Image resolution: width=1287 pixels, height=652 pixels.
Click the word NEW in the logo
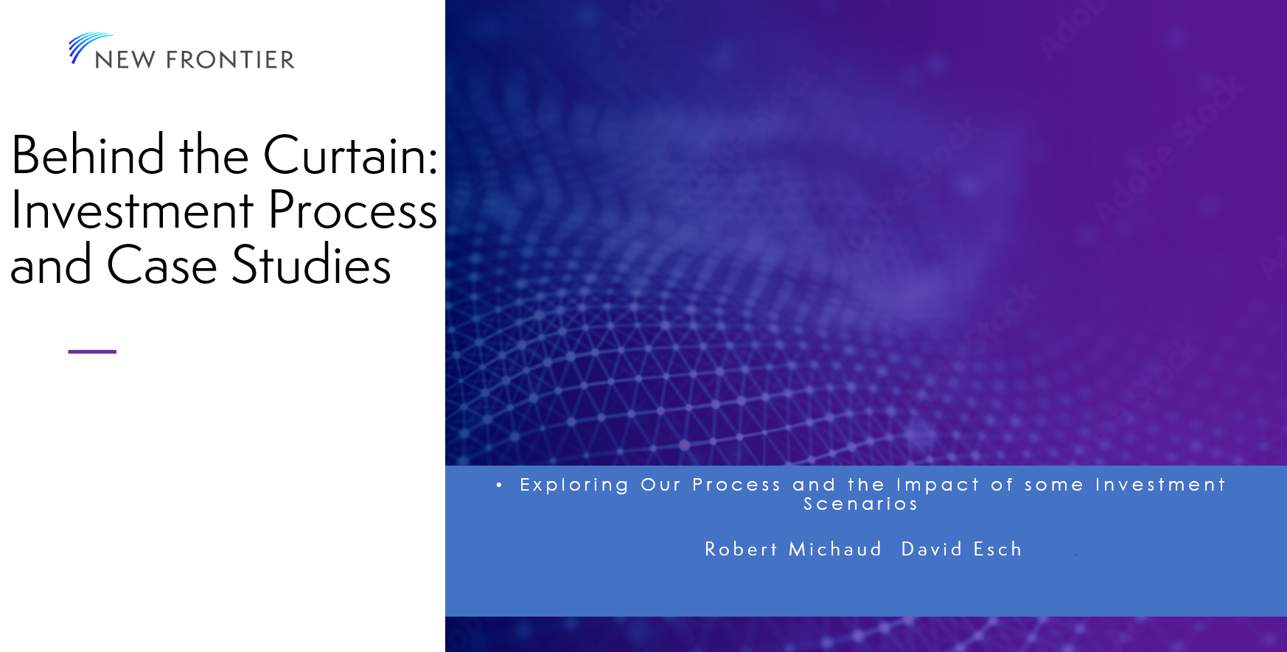[125, 60]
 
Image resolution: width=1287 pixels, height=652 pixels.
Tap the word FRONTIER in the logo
[230, 60]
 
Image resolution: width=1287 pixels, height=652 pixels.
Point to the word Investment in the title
[133, 210]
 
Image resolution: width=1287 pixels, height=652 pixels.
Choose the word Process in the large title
[352, 210]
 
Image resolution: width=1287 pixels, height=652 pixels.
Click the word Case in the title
[162, 264]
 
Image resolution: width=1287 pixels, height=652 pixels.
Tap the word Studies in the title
[311, 264]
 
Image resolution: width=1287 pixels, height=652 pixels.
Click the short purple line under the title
[92, 351]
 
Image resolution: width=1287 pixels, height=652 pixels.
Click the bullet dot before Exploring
[499, 485]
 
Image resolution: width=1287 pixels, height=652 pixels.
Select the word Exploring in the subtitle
[574, 485]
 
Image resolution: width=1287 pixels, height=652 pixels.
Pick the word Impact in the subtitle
[938, 485]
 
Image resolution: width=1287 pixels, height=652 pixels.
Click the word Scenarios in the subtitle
[861, 504]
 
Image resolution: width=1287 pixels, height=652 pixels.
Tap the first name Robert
[741, 549]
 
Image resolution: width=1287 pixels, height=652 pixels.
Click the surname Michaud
[835, 549]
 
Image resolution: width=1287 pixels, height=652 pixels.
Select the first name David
[932, 549]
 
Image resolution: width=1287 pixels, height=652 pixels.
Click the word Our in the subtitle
[660, 485]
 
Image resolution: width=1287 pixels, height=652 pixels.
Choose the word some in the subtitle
[1054, 486]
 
